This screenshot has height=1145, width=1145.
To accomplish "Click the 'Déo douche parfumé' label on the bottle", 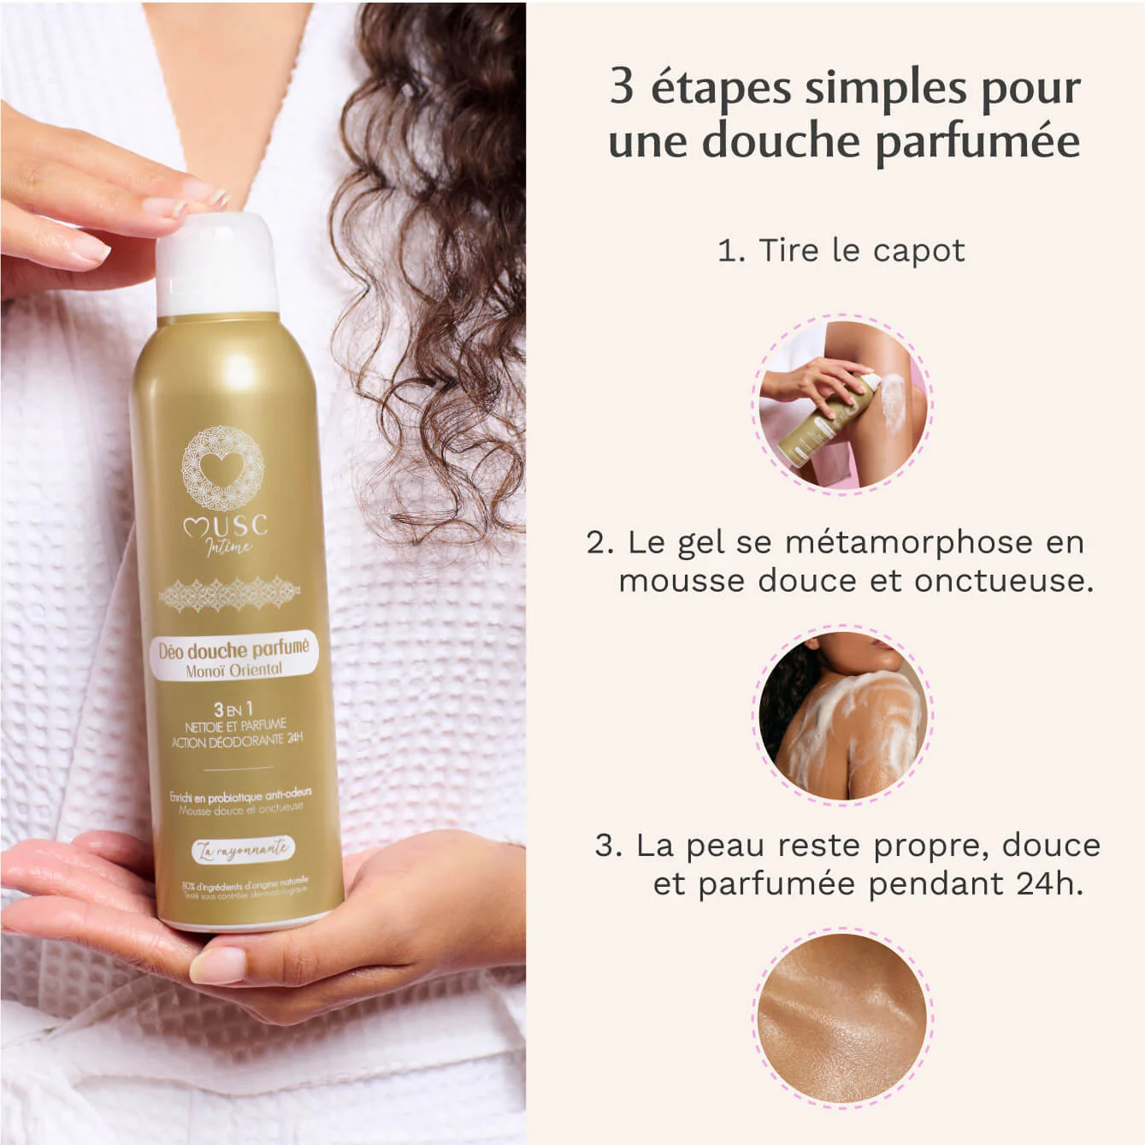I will point(233,650).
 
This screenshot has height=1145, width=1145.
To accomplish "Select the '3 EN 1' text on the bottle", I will point(233,709).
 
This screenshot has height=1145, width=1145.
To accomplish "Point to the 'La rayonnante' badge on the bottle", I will point(242,849).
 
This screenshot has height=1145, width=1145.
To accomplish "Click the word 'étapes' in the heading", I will point(721,88).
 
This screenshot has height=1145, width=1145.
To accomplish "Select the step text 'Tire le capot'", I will point(862,251).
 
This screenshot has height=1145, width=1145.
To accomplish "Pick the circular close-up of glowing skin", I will point(842,1018).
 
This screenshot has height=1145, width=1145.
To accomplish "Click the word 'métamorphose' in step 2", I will point(909,542).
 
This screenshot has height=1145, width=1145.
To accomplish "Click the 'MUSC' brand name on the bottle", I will point(226,525).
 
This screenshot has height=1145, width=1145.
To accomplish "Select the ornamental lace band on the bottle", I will point(229,593).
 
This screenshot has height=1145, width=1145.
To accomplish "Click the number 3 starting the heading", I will point(622,88).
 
